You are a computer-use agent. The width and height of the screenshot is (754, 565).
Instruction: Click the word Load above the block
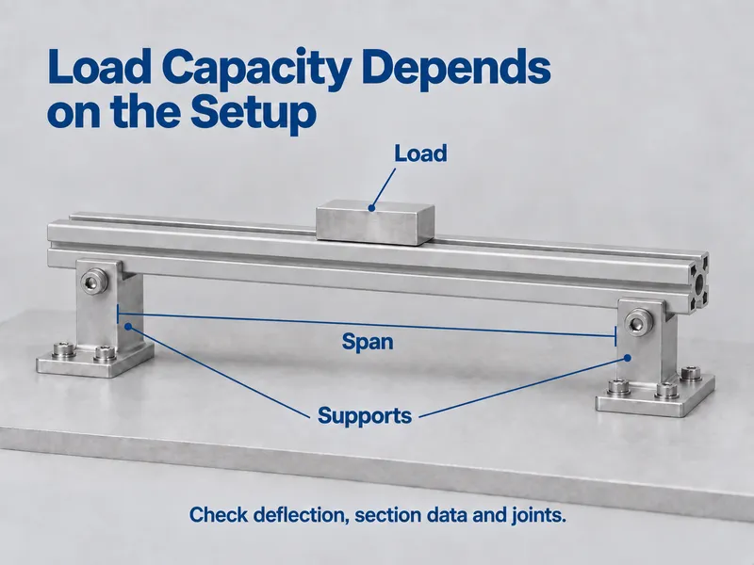420,153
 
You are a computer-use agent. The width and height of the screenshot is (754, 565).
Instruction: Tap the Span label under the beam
368,342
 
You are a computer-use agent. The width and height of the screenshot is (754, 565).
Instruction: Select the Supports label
365,415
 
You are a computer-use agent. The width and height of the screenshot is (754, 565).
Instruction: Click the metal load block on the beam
375,223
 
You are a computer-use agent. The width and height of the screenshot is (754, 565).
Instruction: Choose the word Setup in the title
254,112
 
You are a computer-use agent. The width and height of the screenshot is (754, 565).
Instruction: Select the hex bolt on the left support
91,282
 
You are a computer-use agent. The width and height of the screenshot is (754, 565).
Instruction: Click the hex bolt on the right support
637,320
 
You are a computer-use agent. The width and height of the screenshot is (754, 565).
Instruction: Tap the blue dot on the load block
371,208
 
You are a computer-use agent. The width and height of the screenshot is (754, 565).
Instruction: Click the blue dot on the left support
128,327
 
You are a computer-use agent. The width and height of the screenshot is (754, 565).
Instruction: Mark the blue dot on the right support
627,358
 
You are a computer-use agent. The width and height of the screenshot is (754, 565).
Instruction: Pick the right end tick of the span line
615,336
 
